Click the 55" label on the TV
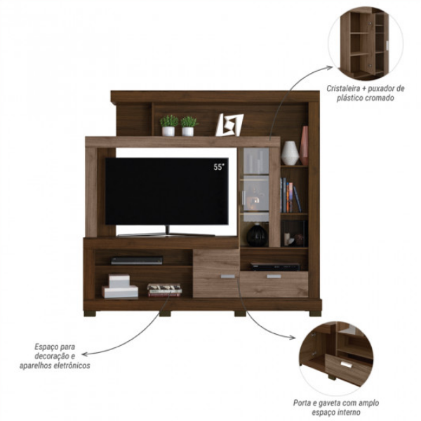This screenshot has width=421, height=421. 220,167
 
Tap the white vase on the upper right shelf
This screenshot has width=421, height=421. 289,153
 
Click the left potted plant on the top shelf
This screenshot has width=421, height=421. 169,125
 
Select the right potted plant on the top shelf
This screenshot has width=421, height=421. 189,126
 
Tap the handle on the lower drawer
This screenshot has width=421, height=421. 273,276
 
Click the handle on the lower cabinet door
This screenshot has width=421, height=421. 227,277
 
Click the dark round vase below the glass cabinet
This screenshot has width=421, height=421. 257,235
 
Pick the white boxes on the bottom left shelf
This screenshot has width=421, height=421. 119,286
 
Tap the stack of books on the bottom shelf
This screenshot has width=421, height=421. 164,289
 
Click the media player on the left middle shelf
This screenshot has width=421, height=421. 127,260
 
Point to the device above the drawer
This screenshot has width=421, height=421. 275,267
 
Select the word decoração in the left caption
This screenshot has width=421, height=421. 55,356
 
